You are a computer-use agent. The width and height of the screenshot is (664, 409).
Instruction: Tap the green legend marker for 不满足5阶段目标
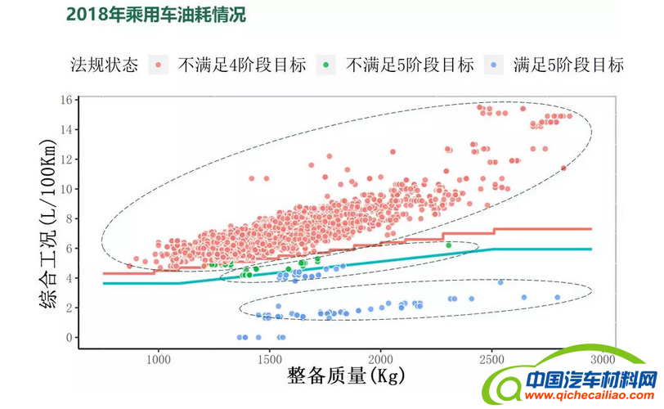[x=327, y=65]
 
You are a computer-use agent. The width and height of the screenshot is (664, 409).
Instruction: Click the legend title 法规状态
[x=104, y=65]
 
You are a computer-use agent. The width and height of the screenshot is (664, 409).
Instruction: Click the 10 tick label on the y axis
[x=66, y=189]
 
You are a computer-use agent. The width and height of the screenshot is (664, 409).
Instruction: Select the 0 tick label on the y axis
[x=70, y=337]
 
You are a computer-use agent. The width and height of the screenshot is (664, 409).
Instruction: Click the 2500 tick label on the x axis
[x=491, y=360]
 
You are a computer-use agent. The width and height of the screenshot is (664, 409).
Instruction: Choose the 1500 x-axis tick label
[x=269, y=360]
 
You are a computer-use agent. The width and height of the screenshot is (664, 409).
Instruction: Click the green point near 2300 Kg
[x=448, y=245]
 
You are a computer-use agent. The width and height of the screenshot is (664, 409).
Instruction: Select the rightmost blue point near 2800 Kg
[x=558, y=298]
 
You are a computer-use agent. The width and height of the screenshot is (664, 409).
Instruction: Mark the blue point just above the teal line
[x=500, y=282]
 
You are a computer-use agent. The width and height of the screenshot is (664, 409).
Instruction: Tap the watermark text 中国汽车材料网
[x=590, y=380]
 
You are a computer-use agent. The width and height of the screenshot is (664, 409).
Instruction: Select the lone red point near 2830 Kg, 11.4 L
[x=563, y=168]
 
